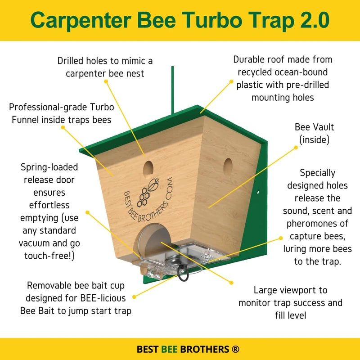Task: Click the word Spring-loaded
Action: tap(49, 167)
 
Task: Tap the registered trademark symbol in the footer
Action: tap(236, 349)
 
